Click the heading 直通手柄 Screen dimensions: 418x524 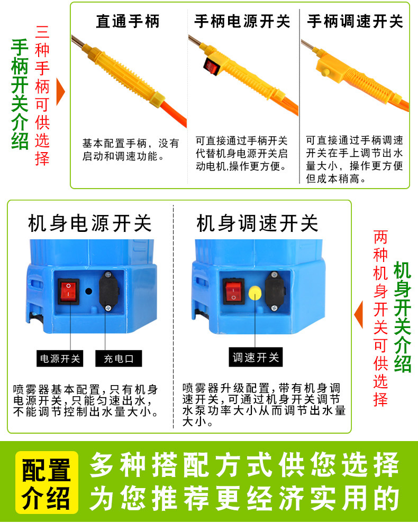pos(128,21)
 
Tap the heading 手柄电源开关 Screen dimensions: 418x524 pos(242,21)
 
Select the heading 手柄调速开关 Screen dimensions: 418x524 pos(355,21)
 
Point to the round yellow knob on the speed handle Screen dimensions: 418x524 pos(325,72)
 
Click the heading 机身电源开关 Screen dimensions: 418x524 pos(90,223)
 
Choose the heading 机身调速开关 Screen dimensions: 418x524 pos(257,223)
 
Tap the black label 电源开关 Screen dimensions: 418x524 pos(60,359)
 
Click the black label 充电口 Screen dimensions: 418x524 pos(119,359)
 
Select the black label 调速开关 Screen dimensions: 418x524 pos(256,358)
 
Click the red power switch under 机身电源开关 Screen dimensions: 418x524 pos(69,291)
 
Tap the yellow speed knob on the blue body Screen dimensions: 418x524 pos(256,293)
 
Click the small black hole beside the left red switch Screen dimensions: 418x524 pos(89,291)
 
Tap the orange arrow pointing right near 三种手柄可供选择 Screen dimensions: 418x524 pos(60,91)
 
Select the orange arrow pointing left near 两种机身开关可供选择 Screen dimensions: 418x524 pos(358,314)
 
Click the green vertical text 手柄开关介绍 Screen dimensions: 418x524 pos(20,94)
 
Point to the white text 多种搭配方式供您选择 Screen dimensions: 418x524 pos(244,465)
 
